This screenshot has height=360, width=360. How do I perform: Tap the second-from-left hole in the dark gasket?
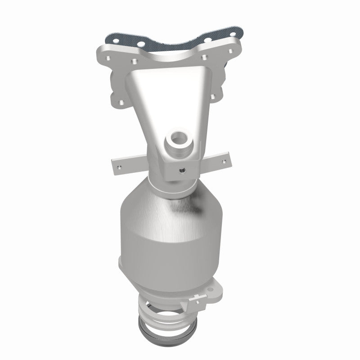[x=141, y=44]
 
